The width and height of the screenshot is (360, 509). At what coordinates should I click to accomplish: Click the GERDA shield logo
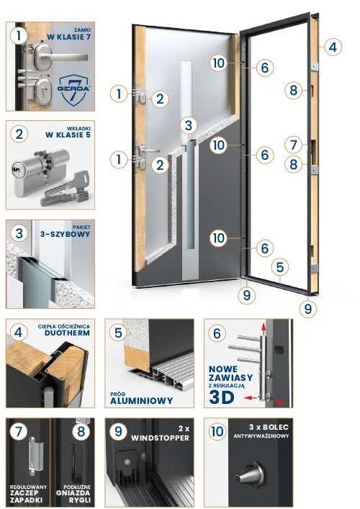pyautogui.click(x=74, y=89)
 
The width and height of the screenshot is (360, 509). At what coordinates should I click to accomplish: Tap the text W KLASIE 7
pyautogui.click(x=68, y=37)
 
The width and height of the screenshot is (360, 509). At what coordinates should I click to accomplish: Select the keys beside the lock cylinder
pyautogui.click(x=64, y=191)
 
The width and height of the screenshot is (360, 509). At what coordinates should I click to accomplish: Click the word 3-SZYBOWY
pyautogui.click(x=66, y=234)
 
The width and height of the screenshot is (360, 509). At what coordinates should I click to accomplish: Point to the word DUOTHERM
pyautogui.click(x=67, y=333)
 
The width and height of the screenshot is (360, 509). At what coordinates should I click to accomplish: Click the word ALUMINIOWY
pyautogui.click(x=142, y=400)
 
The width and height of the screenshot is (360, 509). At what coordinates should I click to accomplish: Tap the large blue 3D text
pyautogui.click(x=222, y=397)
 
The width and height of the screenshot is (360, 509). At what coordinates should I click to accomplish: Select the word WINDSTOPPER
pyautogui.click(x=160, y=438)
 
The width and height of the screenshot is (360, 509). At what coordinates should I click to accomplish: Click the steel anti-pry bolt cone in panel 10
pyautogui.click(x=249, y=474)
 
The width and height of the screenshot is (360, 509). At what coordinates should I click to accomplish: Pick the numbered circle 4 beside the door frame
pyautogui.click(x=333, y=47)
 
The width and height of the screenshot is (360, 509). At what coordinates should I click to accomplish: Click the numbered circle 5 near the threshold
pyautogui.click(x=280, y=267)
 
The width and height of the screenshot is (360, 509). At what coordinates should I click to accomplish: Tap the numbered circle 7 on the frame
pyautogui.click(x=294, y=145)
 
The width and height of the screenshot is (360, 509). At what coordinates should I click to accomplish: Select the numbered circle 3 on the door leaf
pyautogui.click(x=189, y=125)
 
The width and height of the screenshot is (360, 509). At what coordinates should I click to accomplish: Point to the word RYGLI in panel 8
pyautogui.click(x=80, y=500)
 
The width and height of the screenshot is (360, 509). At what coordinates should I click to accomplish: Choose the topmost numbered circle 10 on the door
pyautogui.click(x=218, y=63)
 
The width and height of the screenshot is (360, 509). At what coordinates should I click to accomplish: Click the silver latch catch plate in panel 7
pyautogui.click(x=35, y=456)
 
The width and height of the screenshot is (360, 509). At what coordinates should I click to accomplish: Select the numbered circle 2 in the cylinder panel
pyautogui.click(x=19, y=134)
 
